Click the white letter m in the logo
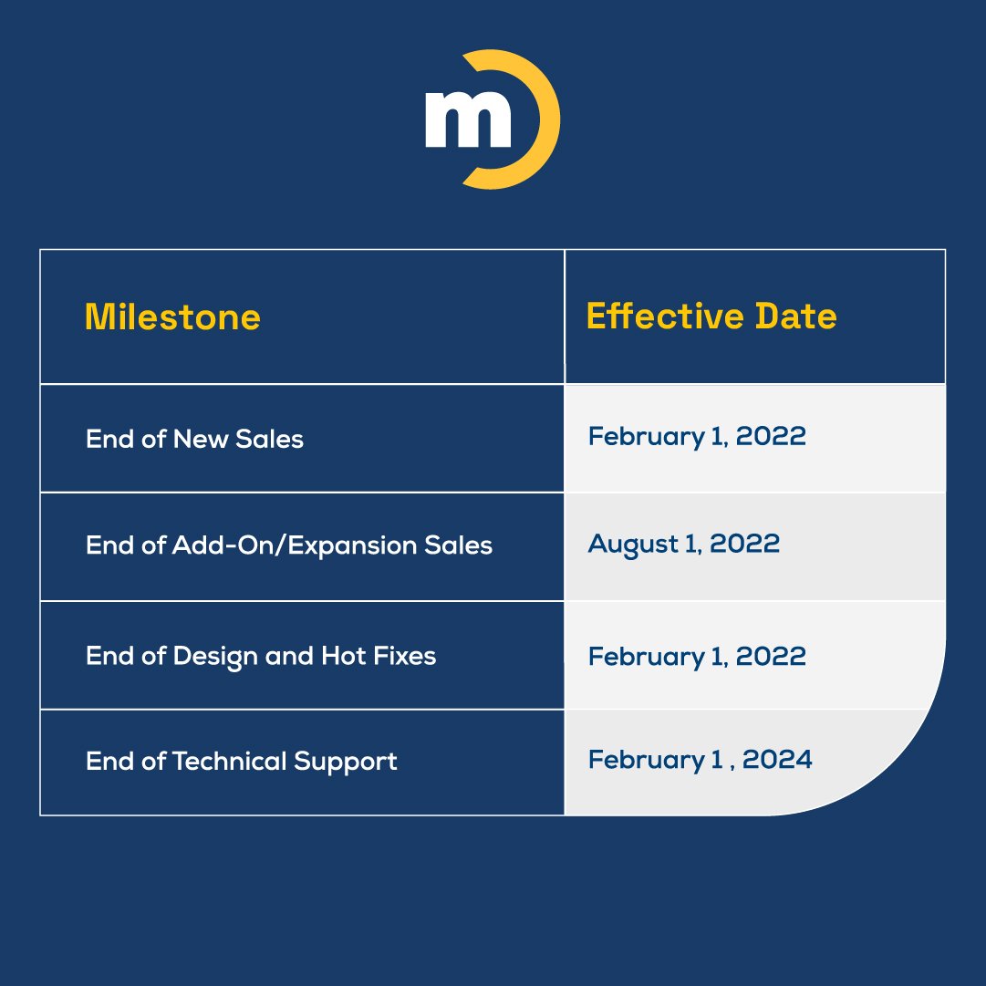468,119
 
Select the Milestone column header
172,317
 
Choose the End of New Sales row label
194,439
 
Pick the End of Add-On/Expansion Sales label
289,545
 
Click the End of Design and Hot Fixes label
261,656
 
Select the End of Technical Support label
242,761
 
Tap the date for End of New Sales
697,436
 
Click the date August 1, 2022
684,545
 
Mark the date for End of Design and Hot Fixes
697,656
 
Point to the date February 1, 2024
700,760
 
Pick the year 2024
776,760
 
